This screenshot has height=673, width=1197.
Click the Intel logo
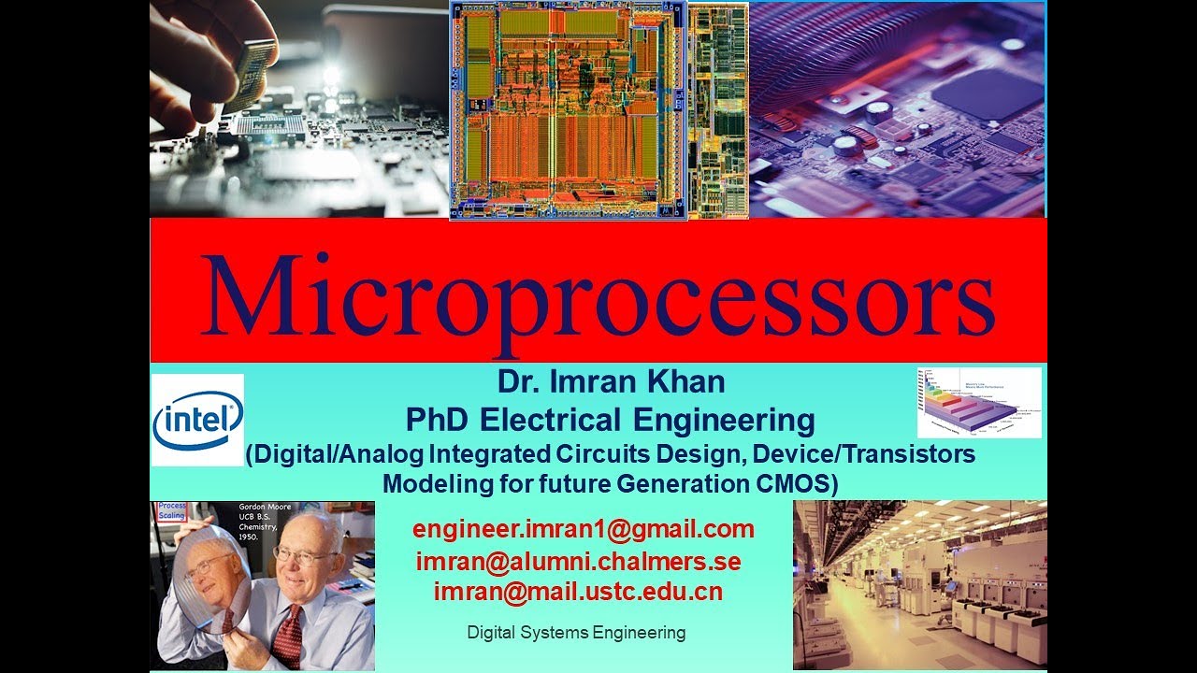click(197, 421)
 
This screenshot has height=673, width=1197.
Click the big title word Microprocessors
click(598, 295)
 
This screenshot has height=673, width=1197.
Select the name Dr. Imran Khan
click(611, 382)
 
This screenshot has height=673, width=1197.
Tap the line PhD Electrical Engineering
click(610, 420)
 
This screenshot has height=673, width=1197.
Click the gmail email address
click(584, 529)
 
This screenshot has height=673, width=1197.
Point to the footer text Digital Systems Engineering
click(576, 633)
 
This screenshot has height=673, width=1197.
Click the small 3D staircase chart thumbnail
click(979, 402)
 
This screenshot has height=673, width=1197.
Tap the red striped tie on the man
click(287, 636)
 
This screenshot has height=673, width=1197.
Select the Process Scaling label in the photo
click(172, 510)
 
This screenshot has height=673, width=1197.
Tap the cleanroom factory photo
click(919, 584)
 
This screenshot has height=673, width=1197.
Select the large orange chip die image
click(568, 110)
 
